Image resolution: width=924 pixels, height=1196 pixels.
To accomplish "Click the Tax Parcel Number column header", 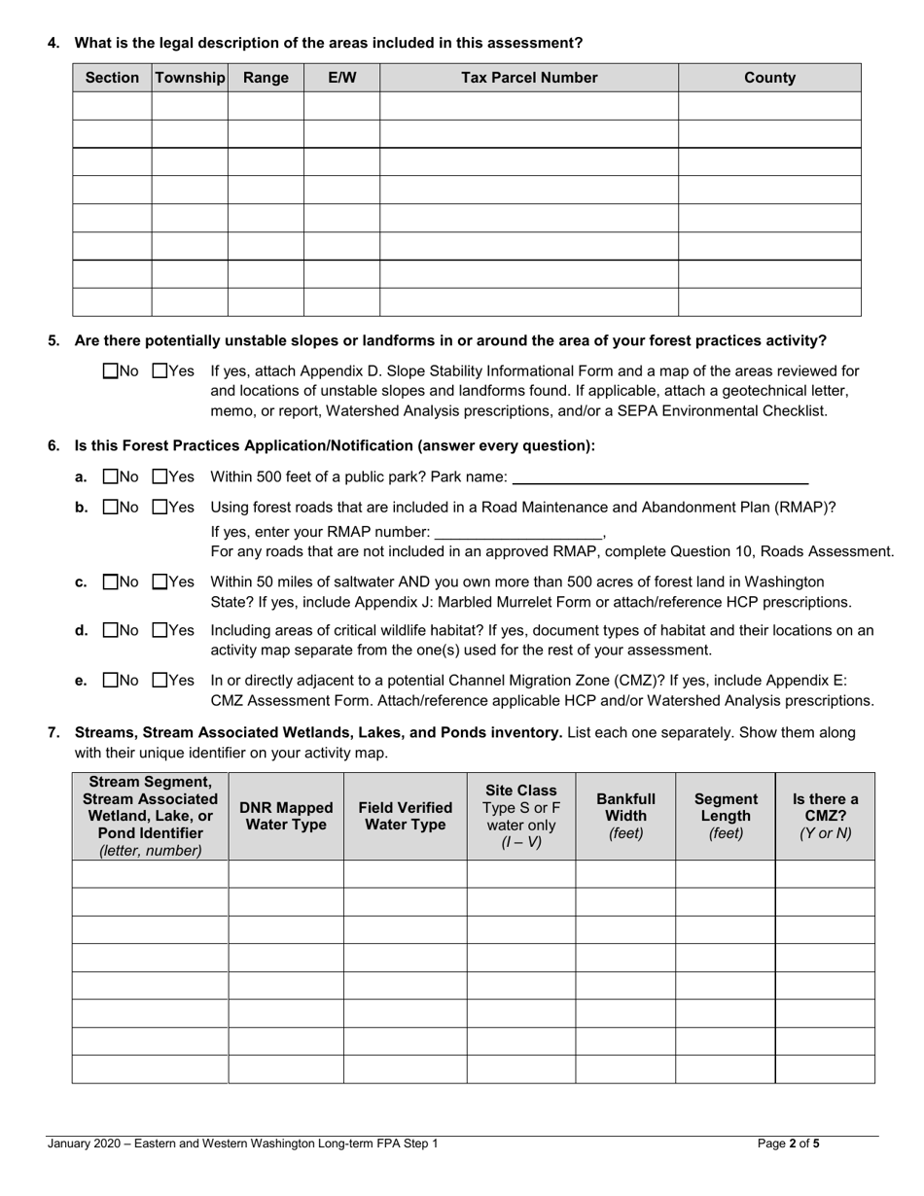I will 528,78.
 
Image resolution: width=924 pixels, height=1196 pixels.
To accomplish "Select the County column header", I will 769,78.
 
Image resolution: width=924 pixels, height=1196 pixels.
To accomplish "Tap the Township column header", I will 190,78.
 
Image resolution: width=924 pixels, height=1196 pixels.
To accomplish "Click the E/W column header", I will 341,78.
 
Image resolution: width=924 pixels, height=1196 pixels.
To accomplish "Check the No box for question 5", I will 109,370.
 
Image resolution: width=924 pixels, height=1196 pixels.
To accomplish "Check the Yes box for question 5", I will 160,370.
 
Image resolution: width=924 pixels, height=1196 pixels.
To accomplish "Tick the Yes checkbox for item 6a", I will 160,476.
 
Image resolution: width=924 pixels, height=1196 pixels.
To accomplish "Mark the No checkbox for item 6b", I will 109,507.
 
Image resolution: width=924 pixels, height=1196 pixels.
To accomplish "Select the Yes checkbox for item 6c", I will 160,581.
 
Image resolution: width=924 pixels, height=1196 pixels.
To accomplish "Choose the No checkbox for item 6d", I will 109,630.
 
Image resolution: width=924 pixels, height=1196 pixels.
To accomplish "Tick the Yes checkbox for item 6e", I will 160,681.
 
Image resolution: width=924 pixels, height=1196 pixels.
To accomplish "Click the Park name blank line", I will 659,477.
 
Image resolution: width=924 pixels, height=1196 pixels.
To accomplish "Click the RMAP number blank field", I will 518,532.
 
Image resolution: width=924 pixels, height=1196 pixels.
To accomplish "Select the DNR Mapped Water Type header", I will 286,816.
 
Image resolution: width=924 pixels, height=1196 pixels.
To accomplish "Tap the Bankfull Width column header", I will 625,816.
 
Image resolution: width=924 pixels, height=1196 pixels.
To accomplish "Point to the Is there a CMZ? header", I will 825,816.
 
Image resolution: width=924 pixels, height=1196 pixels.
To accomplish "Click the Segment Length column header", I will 726,816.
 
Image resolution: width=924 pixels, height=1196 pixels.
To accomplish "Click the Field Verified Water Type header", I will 405,816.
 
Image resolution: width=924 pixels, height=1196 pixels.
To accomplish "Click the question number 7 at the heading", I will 53,733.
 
